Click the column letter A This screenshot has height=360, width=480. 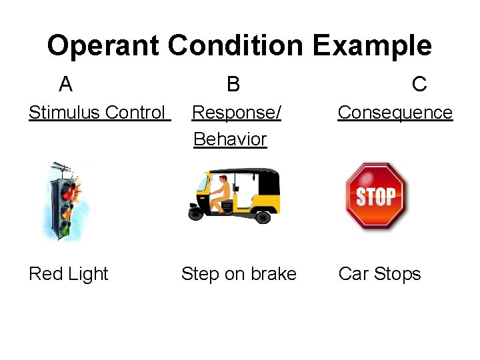[x=65, y=85]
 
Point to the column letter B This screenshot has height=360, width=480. [x=233, y=85]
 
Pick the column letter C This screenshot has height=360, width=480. [x=419, y=84]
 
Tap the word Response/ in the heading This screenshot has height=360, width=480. [x=236, y=113]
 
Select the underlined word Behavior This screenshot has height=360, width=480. [x=230, y=139]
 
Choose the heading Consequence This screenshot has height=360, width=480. [x=395, y=113]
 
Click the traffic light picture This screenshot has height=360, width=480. [x=67, y=200]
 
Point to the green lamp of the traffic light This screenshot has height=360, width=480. [x=65, y=227]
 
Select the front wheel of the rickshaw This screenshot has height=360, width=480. [x=196, y=213]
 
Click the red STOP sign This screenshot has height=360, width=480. [x=375, y=196]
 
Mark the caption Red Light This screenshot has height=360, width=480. [x=68, y=274]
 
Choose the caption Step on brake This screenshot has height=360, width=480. [x=239, y=274]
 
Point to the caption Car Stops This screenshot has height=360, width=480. [x=379, y=274]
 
